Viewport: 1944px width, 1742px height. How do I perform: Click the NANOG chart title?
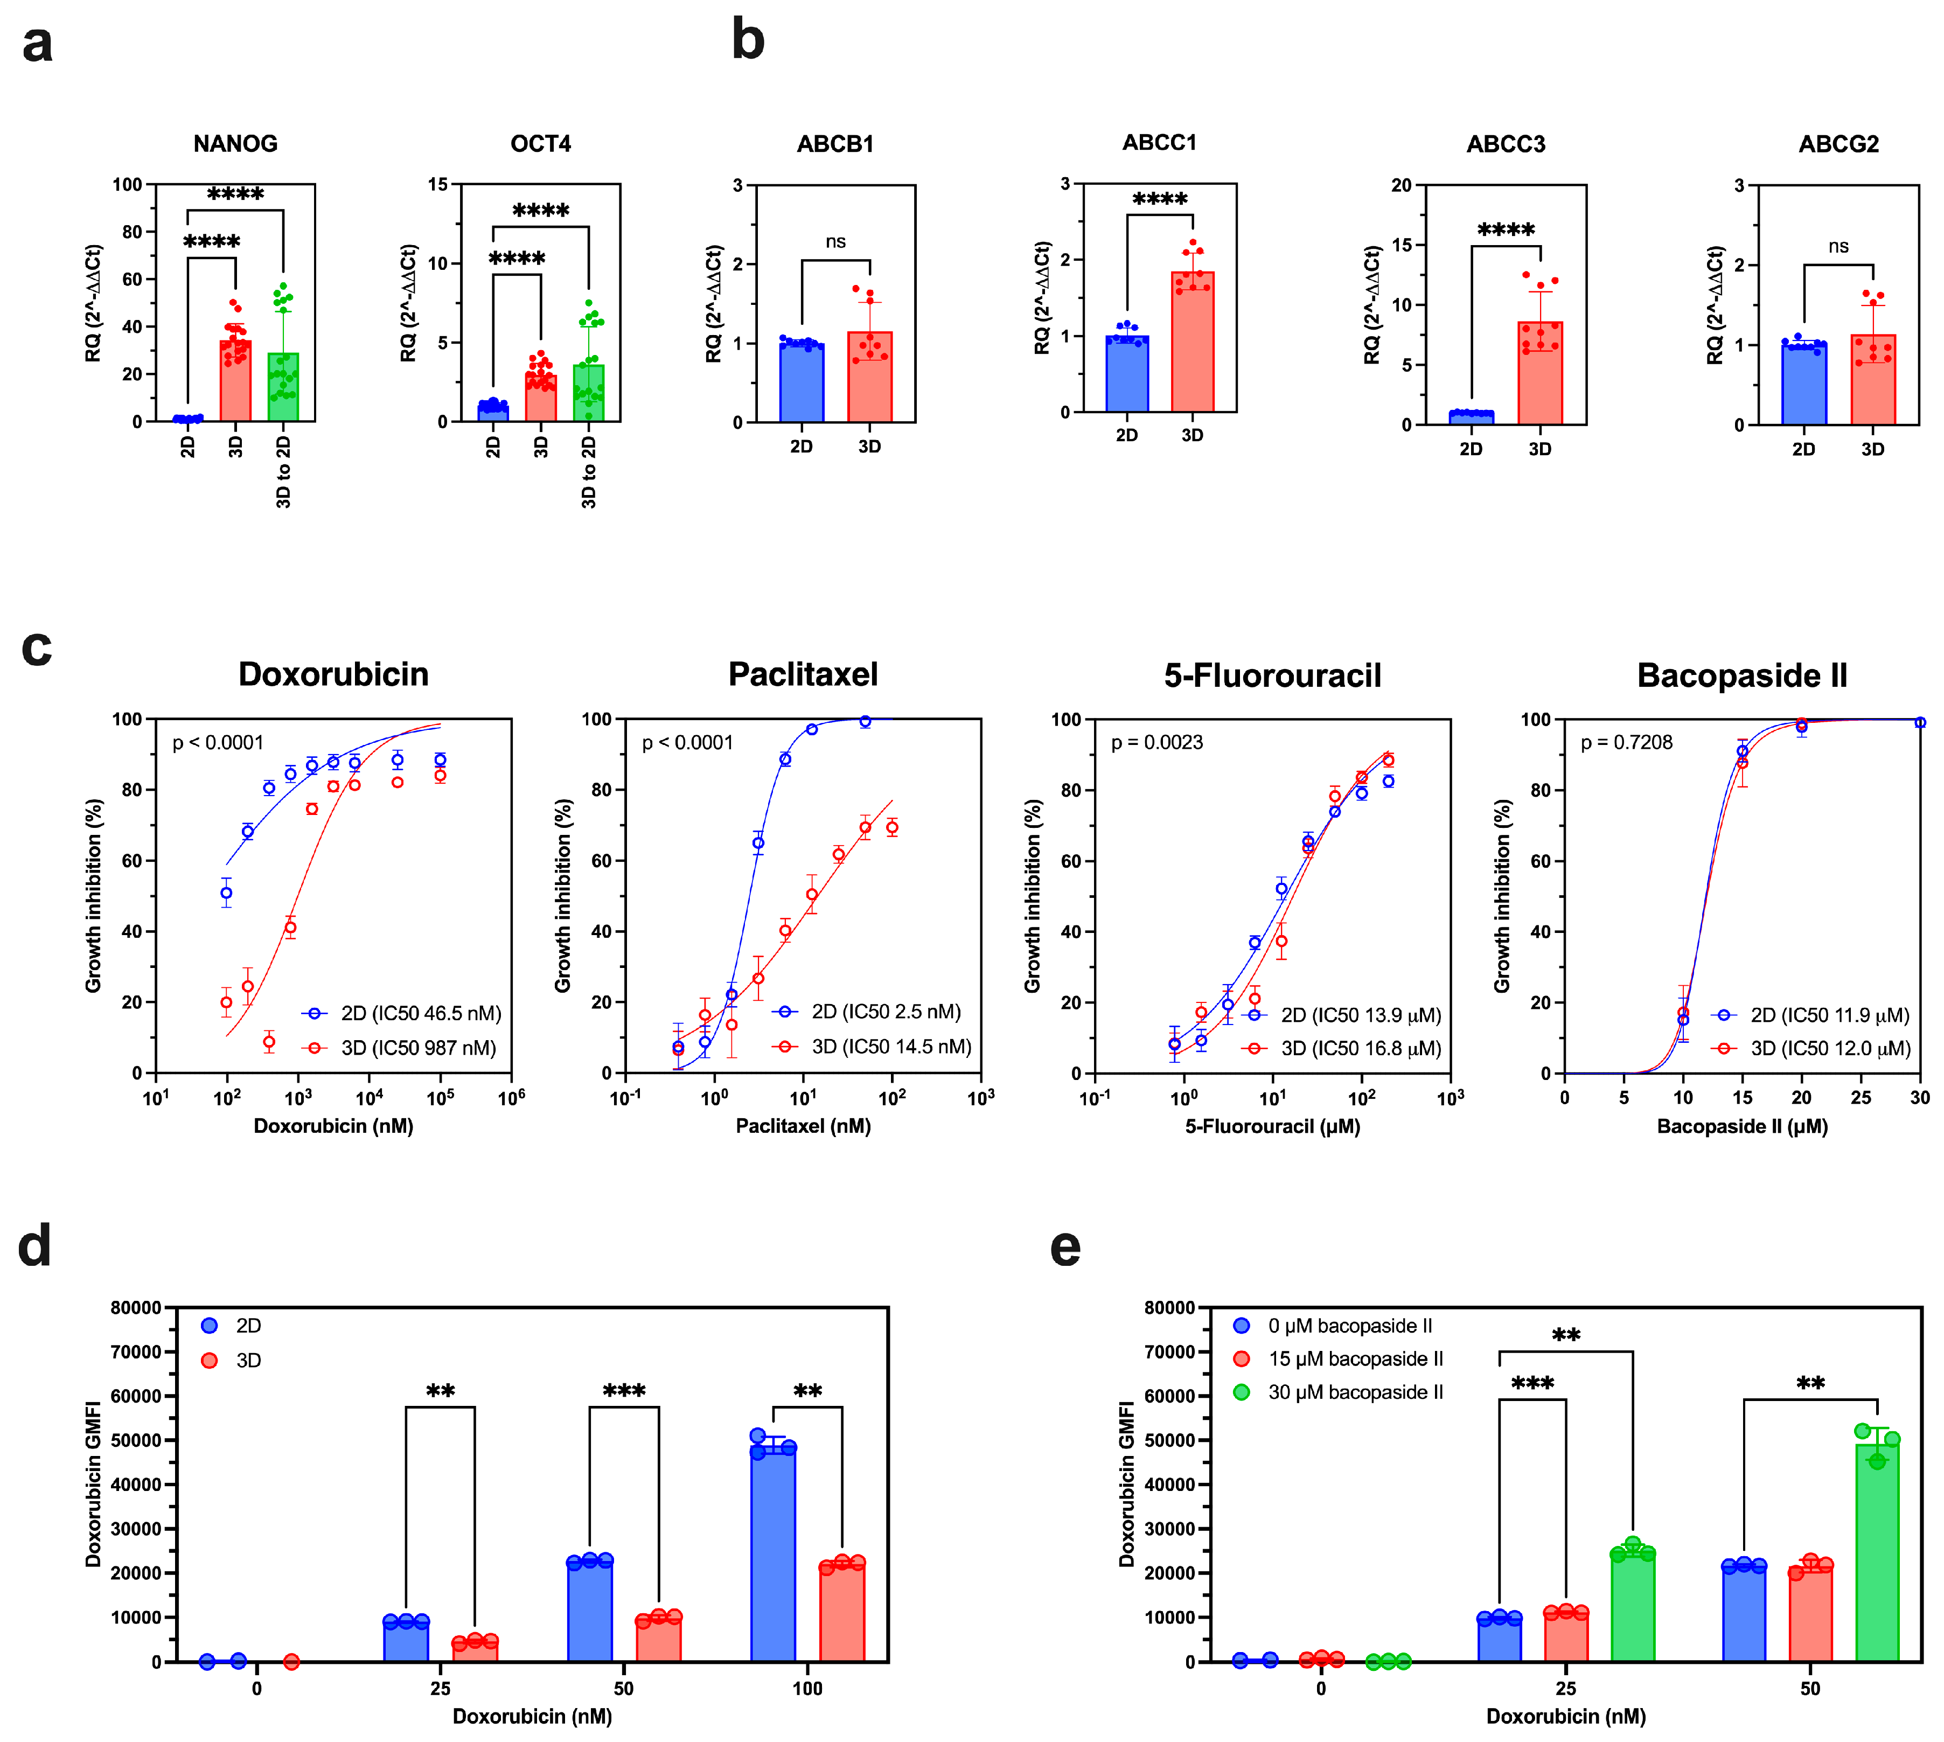235,144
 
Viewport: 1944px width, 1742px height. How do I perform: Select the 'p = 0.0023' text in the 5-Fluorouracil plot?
1156,743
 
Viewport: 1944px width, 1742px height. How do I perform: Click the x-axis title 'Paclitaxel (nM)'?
803,1126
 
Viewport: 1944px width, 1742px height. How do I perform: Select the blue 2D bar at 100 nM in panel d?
772,1556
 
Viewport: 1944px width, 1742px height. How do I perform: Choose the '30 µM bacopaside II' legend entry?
1354,1392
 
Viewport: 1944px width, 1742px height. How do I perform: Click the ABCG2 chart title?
1838,144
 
